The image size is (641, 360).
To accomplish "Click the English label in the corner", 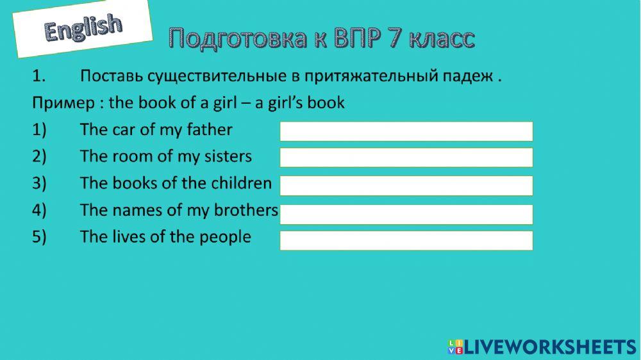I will (83, 28).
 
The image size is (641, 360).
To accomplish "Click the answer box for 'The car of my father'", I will (406, 131).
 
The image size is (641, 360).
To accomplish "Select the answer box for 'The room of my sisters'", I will (406, 158).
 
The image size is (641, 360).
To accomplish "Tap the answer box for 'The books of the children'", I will (406, 186).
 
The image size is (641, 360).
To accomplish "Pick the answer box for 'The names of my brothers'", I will (406, 215).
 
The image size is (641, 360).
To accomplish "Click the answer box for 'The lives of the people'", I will (406, 240).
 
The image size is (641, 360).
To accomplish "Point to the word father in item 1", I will (209, 130).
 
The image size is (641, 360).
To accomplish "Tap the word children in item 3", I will (240, 183).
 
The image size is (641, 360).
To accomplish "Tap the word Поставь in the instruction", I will (112, 77).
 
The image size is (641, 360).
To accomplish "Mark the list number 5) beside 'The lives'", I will (40, 237).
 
